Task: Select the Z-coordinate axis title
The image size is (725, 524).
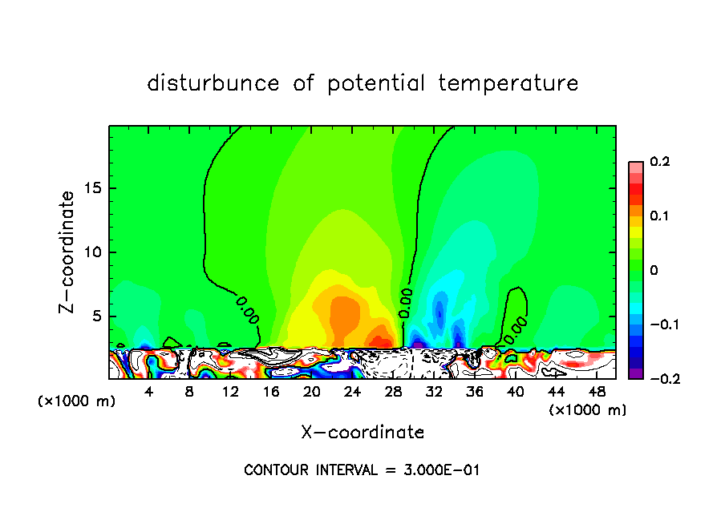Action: pyautogui.click(x=69, y=252)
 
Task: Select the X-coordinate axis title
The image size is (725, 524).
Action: pyautogui.click(x=362, y=433)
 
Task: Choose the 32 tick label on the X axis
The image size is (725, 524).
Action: pyautogui.click(x=434, y=392)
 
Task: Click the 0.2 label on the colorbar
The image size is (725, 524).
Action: pyautogui.click(x=659, y=162)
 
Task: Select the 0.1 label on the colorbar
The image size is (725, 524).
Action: pyautogui.click(x=659, y=216)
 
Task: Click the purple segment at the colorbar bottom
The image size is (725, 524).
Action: pyautogui.click(x=635, y=373)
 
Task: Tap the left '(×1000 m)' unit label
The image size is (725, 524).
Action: pyautogui.click(x=77, y=401)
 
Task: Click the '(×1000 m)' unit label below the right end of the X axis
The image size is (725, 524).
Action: pyautogui.click(x=587, y=410)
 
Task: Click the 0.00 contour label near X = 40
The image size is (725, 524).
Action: pyautogui.click(x=516, y=325)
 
